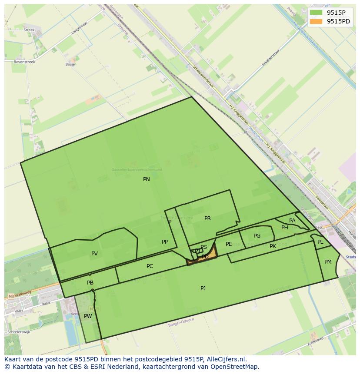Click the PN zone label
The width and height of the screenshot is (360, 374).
(147, 179)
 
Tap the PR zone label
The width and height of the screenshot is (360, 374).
(207, 218)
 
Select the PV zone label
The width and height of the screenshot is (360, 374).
(94, 254)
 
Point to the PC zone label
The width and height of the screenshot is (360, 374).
(150, 266)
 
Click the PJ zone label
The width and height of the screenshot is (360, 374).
(203, 288)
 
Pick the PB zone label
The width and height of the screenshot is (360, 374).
(90, 283)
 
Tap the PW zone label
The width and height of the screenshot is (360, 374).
(88, 316)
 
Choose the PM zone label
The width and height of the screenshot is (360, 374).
(328, 262)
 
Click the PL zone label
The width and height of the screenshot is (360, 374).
(320, 242)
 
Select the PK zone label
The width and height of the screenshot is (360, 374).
(273, 246)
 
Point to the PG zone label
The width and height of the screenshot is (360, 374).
(257, 236)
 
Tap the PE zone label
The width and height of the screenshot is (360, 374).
(229, 244)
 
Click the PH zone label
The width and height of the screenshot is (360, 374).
(284, 228)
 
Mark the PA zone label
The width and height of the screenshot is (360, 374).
(292, 221)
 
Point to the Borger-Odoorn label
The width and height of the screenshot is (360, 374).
(181, 322)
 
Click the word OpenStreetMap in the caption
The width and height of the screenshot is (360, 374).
(236, 367)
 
